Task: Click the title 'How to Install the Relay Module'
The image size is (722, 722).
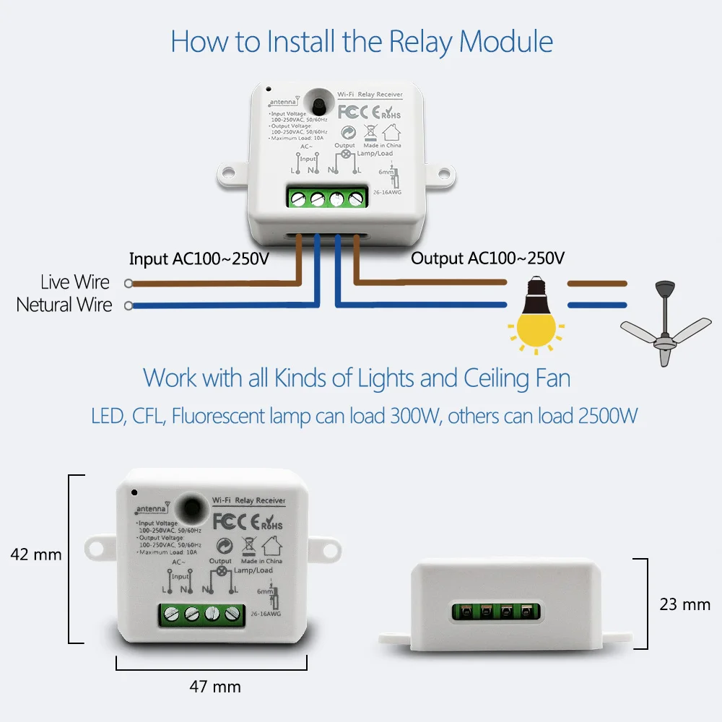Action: [x=362, y=42]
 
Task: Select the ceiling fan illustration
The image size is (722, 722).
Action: [x=665, y=325]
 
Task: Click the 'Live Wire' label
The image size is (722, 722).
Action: [x=75, y=282]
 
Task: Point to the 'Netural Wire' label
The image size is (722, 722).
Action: [x=64, y=305]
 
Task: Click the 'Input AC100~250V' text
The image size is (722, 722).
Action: [x=199, y=258]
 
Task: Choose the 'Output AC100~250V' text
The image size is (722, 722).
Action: [x=488, y=258]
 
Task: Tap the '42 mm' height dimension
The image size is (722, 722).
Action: [x=36, y=555]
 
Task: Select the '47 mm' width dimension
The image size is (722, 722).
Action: [x=215, y=687]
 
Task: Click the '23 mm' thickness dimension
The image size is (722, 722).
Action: [x=684, y=604]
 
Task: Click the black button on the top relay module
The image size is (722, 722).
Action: [x=316, y=100]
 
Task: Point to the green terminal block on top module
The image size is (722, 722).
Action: [x=326, y=198]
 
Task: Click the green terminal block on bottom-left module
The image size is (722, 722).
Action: [x=201, y=614]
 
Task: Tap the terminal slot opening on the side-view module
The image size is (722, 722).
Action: [x=496, y=610]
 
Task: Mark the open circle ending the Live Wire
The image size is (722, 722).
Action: [x=129, y=283]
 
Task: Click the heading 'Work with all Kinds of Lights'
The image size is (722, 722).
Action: [x=357, y=378]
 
